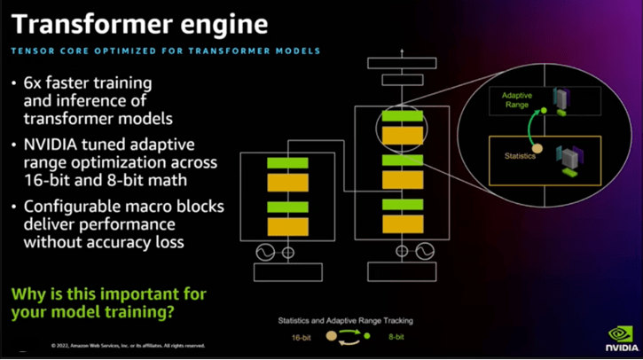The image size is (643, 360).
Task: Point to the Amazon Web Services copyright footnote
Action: click(128, 346)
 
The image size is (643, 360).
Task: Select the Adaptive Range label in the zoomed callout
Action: click(517, 99)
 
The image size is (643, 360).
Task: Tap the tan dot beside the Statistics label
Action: click(537, 148)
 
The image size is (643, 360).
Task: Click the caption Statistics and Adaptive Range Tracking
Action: click(345, 320)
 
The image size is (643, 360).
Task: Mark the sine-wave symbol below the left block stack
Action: click(264, 253)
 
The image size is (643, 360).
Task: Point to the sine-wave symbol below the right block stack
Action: click(425, 251)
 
